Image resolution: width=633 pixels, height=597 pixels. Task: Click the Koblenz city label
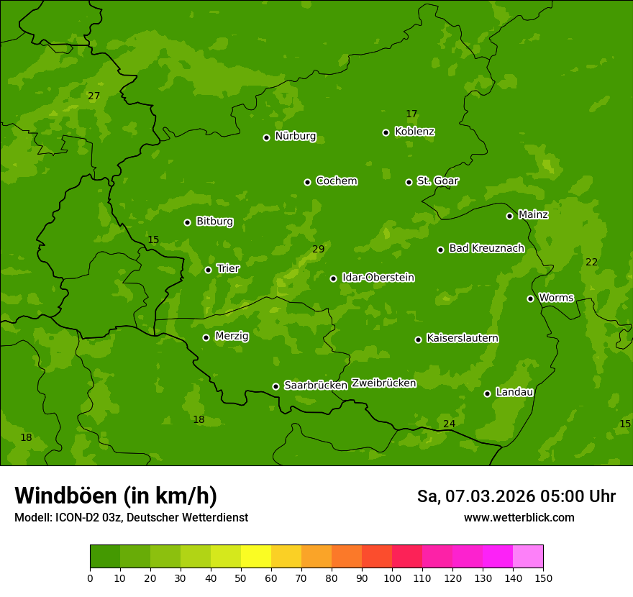[x=414, y=132]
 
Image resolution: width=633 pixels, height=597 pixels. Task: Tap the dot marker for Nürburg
[x=266, y=137]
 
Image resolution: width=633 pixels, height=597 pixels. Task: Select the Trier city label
[x=228, y=268]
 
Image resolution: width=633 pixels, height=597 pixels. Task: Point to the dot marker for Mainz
[x=509, y=216]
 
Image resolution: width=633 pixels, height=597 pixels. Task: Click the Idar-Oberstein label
[x=378, y=277]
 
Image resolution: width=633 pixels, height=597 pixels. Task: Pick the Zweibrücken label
[x=383, y=383]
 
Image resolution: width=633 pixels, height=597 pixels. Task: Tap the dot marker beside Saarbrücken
[x=275, y=386]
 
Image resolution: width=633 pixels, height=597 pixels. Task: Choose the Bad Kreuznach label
[x=486, y=248]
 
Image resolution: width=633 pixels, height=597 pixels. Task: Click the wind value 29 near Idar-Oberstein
[x=319, y=250]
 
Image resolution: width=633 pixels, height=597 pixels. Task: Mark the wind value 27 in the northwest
[x=94, y=96]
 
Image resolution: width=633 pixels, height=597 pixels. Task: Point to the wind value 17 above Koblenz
[x=411, y=114]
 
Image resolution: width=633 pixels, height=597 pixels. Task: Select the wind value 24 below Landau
[x=449, y=424]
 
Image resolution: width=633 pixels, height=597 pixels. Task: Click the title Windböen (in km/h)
[x=116, y=496]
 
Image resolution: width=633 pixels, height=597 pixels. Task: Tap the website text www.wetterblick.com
[x=519, y=517]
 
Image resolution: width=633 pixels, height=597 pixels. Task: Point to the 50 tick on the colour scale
[x=241, y=578]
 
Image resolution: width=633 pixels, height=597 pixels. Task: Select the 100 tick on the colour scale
[x=392, y=578]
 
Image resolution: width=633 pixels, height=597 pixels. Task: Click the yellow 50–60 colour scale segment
[x=256, y=557]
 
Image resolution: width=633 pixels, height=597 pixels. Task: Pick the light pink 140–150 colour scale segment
[x=528, y=557]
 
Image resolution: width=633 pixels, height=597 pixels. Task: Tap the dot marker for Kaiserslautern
[x=418, y=339]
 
